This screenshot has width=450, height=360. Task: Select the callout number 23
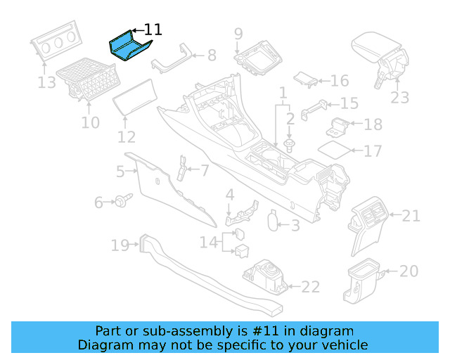[400, 97]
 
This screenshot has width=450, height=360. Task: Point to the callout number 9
[238, 33]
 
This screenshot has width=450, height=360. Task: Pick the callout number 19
[120, 245]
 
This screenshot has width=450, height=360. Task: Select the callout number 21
[411, 215]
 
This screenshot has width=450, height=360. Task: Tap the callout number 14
[209, 242]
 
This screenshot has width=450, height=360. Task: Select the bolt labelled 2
[290, 146]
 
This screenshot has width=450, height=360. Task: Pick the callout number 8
[211, 55]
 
